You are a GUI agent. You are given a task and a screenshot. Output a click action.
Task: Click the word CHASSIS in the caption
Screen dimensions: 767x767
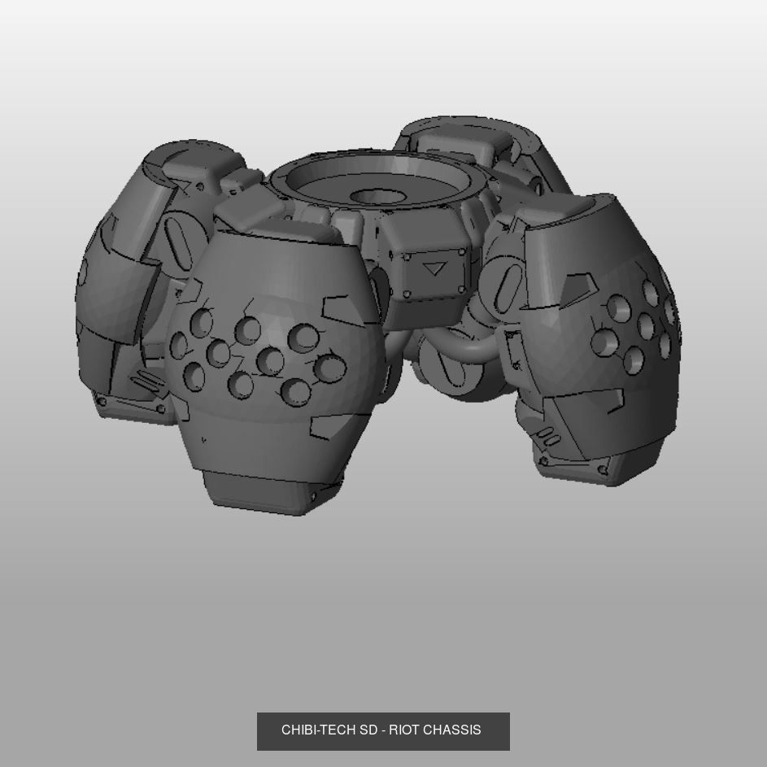[451, 730]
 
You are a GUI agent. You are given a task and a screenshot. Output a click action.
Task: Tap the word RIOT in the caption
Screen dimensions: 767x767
[403, 730]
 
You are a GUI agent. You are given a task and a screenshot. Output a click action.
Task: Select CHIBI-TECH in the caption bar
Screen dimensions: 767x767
[319, 730]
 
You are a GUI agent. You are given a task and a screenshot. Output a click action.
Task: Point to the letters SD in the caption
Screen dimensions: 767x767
[368, 730]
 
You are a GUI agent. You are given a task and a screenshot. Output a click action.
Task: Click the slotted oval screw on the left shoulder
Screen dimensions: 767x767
[176, 236]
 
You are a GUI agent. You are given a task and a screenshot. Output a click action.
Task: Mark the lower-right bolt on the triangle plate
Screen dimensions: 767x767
[462, 290]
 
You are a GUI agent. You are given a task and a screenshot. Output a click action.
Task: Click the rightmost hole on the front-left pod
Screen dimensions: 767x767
[329, 368]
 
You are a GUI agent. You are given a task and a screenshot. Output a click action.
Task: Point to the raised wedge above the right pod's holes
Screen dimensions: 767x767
[577, 285]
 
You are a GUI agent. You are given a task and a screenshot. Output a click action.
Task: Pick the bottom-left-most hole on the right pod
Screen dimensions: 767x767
[603, 342]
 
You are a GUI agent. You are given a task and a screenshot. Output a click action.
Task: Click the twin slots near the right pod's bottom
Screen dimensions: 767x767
[551, 440]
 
